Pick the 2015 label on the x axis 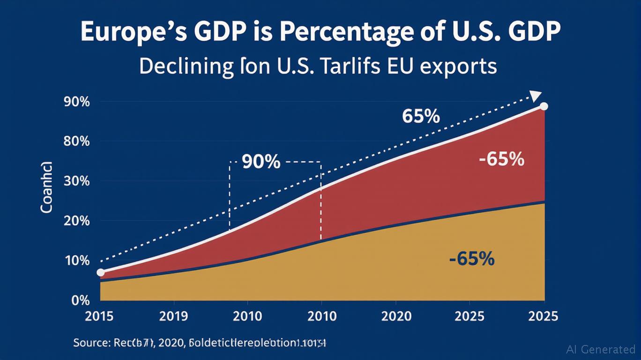point(99,316)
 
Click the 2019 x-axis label point(174,316)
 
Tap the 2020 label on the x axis point(396,316)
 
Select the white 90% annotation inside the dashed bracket point(261,162)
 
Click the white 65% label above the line point(421,116)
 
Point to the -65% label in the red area point(501,160)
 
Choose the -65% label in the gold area point(471,259)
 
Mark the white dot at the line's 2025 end point(544,106)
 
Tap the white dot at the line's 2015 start point(100,272)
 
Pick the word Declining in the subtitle point(186,67)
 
